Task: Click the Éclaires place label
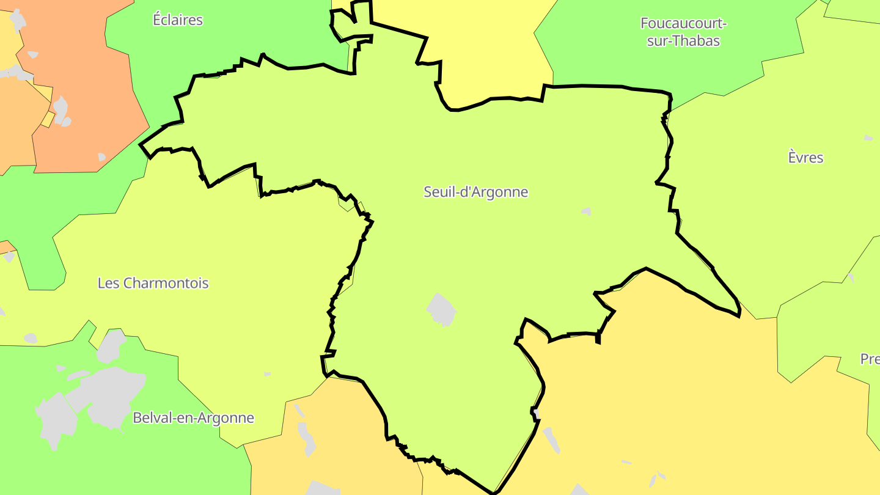click(x=177, y=20)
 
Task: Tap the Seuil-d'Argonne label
click(x=475, y=192)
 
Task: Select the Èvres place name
click(x=805, y=158)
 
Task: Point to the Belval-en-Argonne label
click(x=193, y=418)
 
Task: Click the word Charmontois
click(x=166, y=284)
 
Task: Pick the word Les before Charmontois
click(x=108, y=284)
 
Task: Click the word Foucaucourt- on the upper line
click(x=683, y=24)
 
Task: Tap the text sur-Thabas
click(x=683, y=41)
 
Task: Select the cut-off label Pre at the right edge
click(x=870, y=359)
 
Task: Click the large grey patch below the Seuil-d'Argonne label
click(x=441, y=309)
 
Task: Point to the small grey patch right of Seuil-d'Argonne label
click(x=586, y=211)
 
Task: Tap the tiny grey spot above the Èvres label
click(x=868, y=138)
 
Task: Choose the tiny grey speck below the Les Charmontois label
click(x=267, y=373)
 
